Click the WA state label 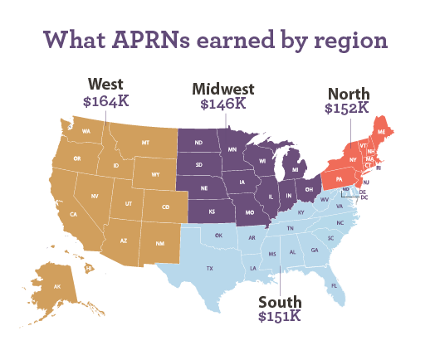click(x=86, y=131)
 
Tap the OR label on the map click(x=77, y=158)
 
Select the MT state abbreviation click(x=145, y=143)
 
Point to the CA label click(x=73, y=214)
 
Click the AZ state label click(x=124, y=241)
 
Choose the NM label click(x=159, y=243)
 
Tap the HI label click(x=89, y=268)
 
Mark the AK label click(x=57, y=286)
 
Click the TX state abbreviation click(x=210, y=268)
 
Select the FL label click(x=335, y=285)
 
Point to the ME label click(x=382, y=131)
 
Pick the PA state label click(x=339, y=178)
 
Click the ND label click(x=198, y=143)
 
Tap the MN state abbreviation click(x=232, y=149)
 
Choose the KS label click(x=212, y=212)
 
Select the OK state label click(x=218, y=235)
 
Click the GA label click(x=315, y=250)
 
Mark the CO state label click(x=165, y=207)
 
